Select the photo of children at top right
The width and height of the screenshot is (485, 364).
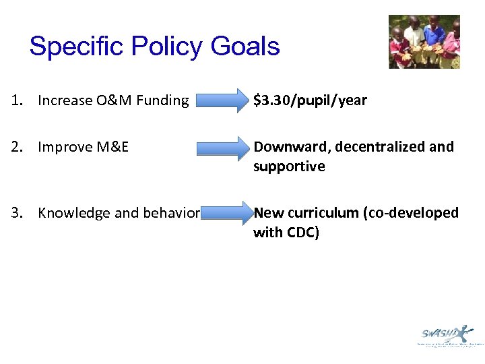tap(424, 42)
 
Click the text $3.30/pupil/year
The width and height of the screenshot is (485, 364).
tap(310, 100)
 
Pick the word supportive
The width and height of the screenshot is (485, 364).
tap(289, 166)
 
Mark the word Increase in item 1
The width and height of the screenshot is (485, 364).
tap(63, 101)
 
